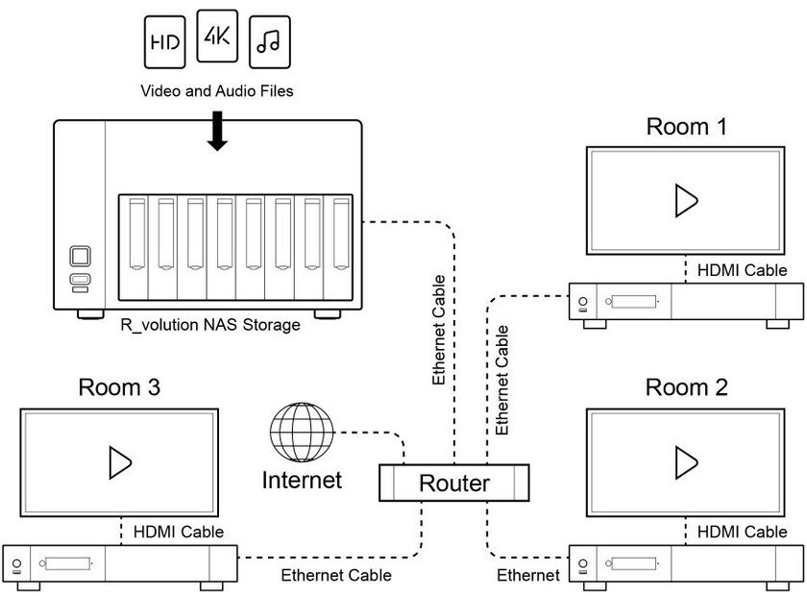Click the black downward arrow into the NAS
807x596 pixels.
[218, 131]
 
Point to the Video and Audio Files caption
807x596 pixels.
[217, 92]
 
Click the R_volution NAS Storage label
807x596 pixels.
[210, 325]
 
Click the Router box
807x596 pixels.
[454, 484]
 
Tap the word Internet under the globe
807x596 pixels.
[302, 478]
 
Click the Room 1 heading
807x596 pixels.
[686, 126]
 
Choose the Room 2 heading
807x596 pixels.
[686, 387]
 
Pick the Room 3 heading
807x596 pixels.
[119, 387]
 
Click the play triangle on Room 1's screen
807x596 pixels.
[686, 200]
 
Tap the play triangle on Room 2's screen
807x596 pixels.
[686, 462]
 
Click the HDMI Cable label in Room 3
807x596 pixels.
[179, 532]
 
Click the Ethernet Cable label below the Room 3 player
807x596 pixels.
[336, 576]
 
